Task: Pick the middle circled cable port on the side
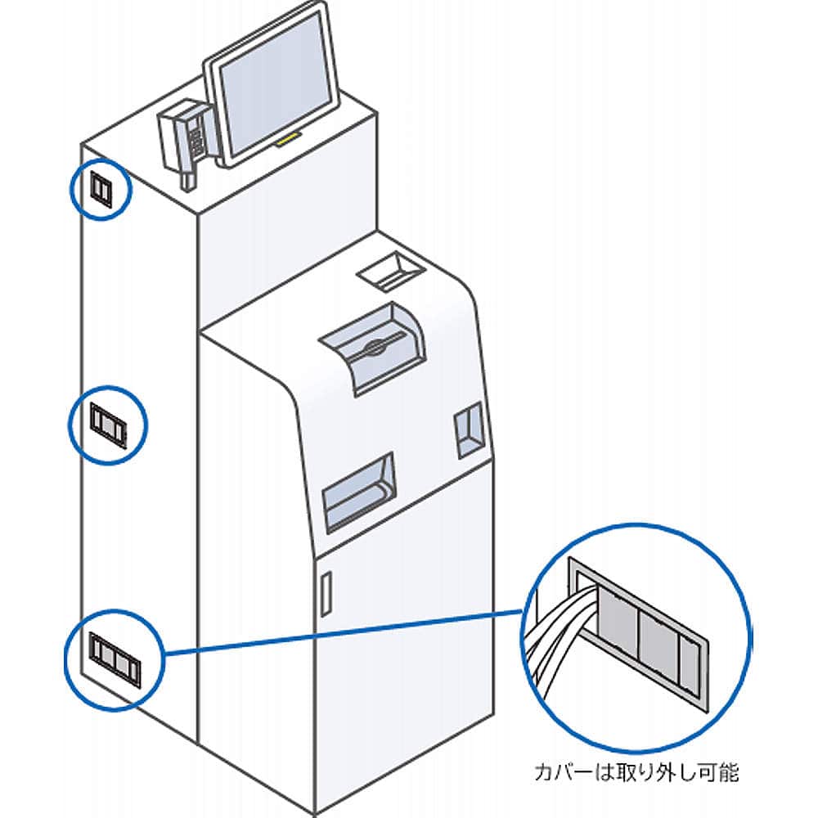pos(107,425)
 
